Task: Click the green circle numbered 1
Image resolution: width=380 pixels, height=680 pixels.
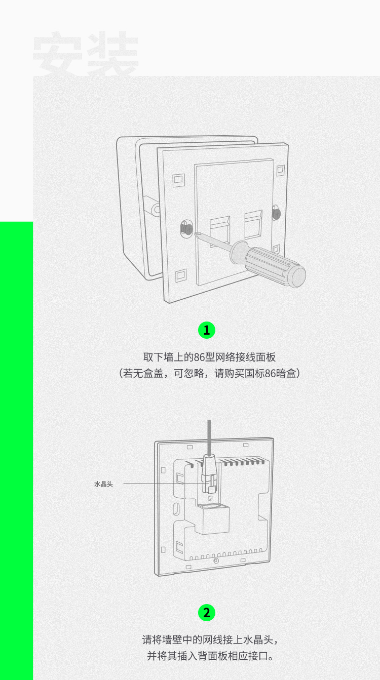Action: (207, 330)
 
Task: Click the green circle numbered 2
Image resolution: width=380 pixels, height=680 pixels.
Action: (207, 613)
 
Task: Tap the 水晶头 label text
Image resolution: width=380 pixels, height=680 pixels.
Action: (103, 484)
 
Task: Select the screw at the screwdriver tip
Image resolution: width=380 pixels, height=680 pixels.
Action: (186, 228)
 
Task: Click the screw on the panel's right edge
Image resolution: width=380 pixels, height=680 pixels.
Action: (276, 213)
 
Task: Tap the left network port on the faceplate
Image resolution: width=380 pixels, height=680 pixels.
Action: (219, 231)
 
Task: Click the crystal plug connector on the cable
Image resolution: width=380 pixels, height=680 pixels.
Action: (210, 473)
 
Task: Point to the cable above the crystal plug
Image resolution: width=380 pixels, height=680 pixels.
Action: (209, 437)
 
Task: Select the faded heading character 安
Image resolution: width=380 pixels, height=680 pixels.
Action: (58, 54)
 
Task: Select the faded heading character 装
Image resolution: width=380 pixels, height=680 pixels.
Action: (113, 54)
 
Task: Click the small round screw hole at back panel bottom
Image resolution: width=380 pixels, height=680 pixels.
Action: (216, 561)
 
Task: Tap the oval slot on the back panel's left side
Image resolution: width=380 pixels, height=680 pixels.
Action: (176, 508)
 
